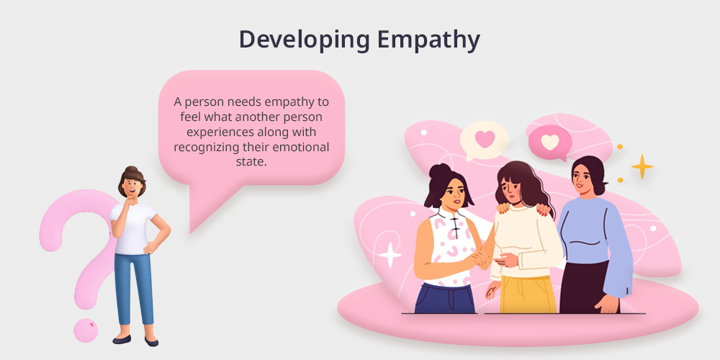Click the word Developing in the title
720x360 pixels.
[x=304, y=40]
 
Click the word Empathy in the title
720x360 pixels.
[x=428, y=40]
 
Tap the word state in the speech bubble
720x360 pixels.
[x=251, y=162]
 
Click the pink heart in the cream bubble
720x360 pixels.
[x=485, y=138]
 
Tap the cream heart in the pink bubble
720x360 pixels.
[x=549, y=141]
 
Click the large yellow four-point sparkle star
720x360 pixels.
[x=642, y=166]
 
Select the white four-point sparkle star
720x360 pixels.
[x=390, y=255]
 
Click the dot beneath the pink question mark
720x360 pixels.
[x=86, y=330]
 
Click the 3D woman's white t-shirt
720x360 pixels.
[x=133, y=228]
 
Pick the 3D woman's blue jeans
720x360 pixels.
[x=133, y=289]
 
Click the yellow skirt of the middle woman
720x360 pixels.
[x=528, y=294]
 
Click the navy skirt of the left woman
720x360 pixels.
[x=445, y=299]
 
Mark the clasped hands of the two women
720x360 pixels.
[x=482, y=258]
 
